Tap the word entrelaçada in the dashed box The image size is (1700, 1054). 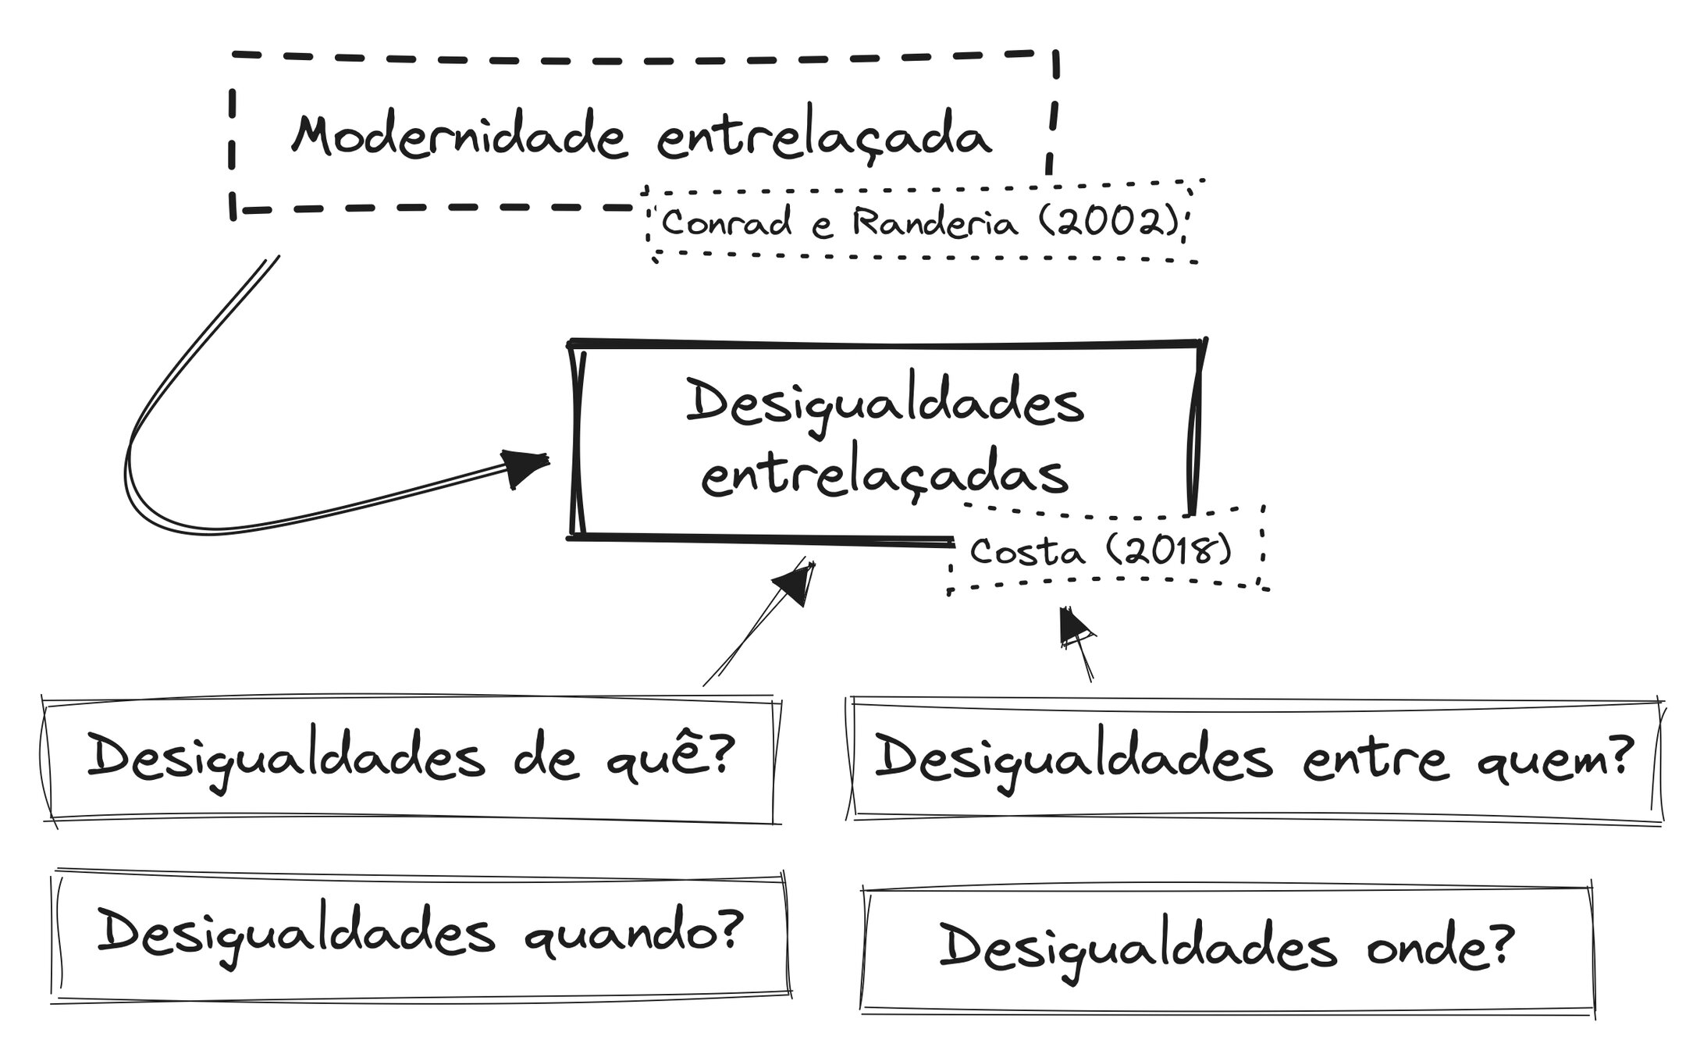tap(823, 138)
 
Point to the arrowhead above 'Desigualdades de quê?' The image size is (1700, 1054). tap(796, 582)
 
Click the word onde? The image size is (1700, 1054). tap(1440, 947)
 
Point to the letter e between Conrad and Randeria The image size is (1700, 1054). tap(822, 226)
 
